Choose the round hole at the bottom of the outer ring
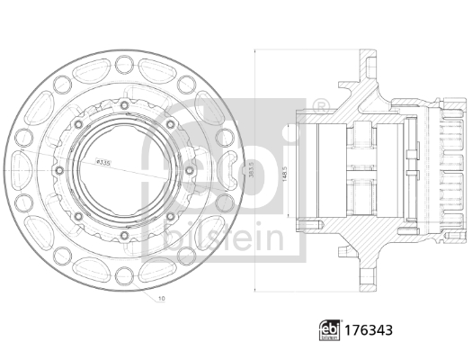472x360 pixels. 120,279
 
